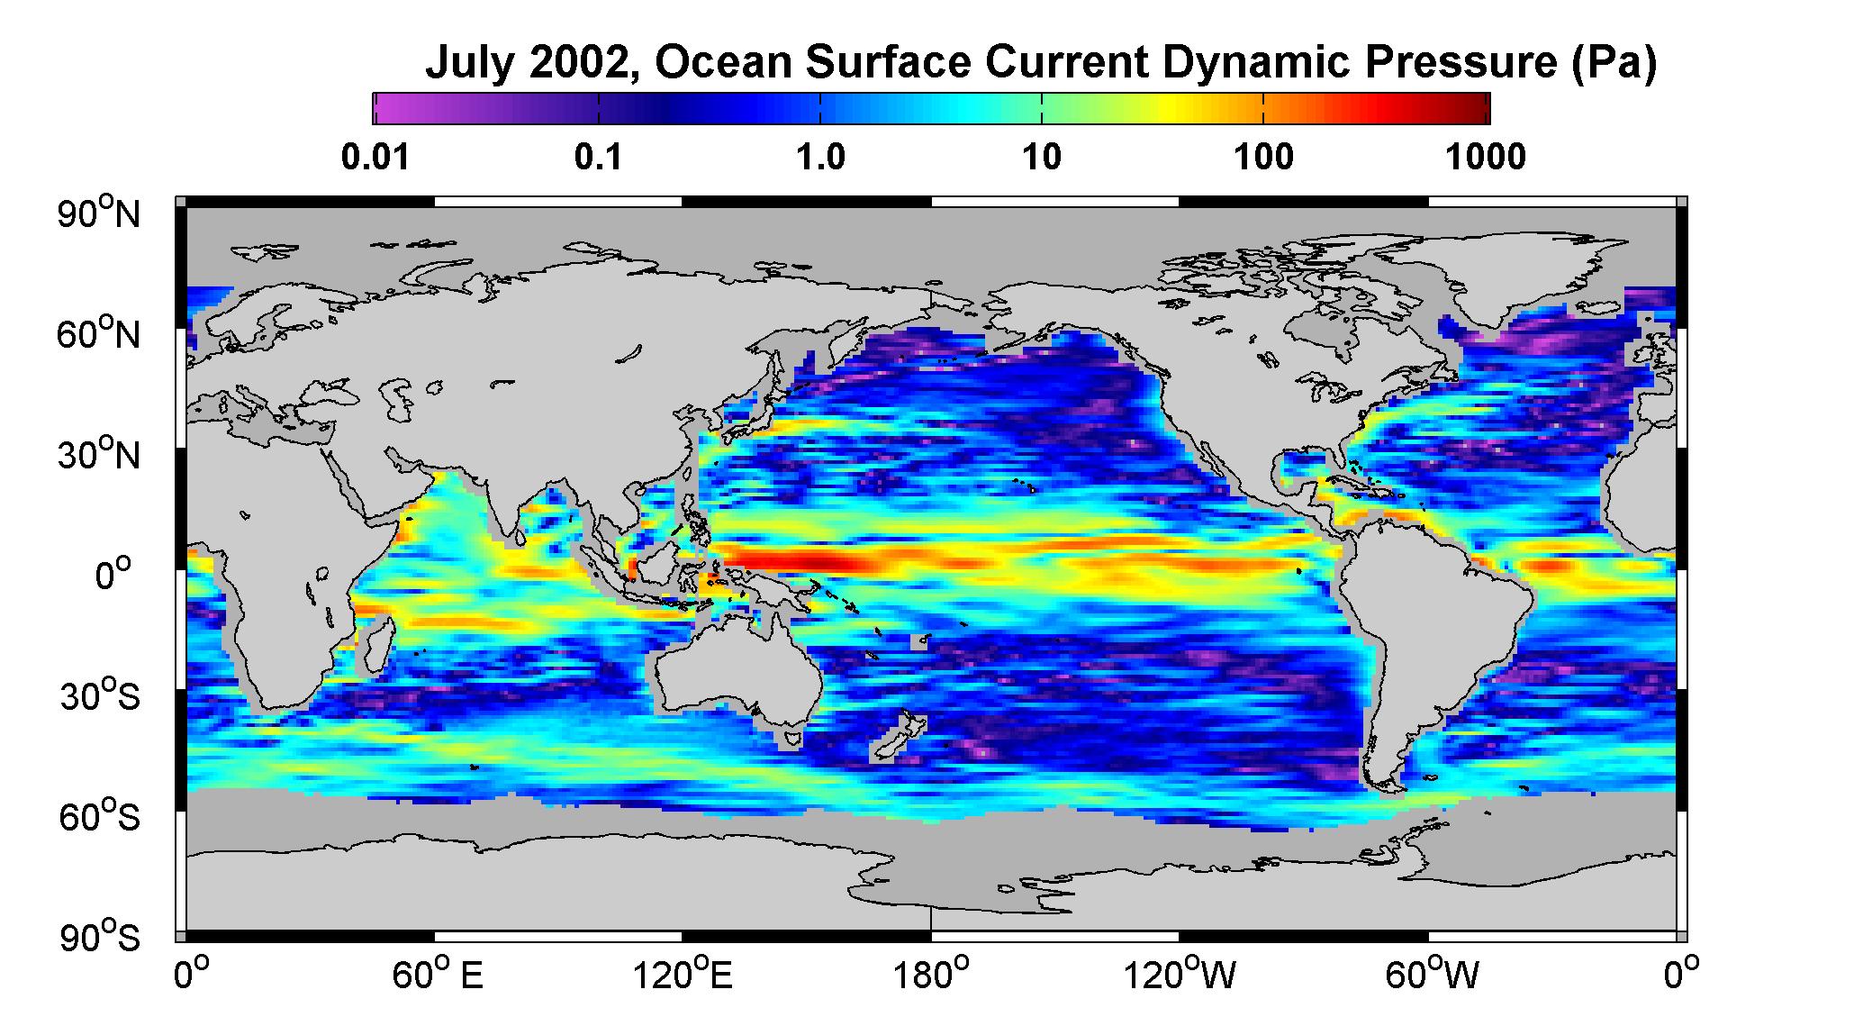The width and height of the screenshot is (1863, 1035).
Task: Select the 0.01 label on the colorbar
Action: click(375, 158)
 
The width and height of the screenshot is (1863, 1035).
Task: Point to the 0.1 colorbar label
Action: click(599, 158)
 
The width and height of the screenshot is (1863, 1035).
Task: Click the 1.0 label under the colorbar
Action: click(820, 158)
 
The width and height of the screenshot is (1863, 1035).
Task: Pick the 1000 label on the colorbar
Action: click(1486, 158)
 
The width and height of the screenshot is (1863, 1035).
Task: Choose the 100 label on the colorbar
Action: click(1263, 158)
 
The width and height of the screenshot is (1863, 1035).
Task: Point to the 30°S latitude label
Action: click(100, 696)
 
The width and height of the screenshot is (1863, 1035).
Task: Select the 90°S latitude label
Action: click(100, 938)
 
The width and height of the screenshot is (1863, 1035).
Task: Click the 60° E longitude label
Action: click(438, 975)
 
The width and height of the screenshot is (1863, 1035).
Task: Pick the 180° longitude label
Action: click(931, 975)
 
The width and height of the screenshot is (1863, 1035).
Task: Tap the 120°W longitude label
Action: click(1180, 975)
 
